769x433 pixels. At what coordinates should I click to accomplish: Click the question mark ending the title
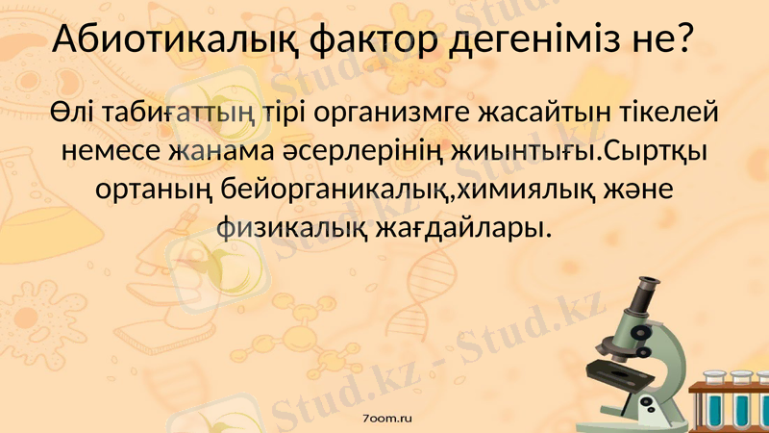click(x=684, y=40)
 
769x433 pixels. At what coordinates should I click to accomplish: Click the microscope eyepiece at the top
click(x=646, y=286)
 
